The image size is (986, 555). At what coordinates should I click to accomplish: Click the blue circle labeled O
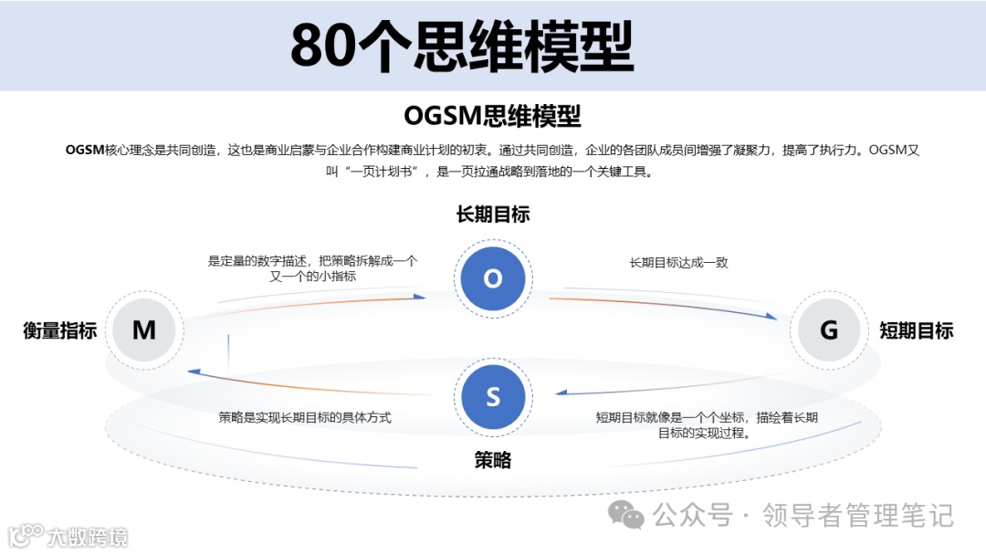493,278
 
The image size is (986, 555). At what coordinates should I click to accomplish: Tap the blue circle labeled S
493,397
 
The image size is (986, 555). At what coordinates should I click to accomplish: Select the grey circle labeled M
144,330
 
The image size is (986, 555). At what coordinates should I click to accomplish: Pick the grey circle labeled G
829,330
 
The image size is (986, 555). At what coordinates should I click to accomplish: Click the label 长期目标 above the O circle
493,215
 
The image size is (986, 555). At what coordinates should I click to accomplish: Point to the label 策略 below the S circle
493,461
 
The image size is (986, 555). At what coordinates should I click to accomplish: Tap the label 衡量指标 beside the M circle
60,330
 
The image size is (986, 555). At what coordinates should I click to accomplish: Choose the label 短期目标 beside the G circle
917,330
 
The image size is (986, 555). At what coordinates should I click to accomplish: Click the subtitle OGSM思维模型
492,117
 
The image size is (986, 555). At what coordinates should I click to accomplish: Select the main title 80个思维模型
462,46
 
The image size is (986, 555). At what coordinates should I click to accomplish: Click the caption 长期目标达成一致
678,263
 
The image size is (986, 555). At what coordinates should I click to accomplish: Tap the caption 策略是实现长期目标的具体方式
305,417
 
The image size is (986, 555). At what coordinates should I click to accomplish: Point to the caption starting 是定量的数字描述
312,268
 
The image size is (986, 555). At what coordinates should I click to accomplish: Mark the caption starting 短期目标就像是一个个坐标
707,424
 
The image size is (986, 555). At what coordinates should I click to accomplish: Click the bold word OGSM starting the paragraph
85,151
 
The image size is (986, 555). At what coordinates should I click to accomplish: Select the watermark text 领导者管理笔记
858,516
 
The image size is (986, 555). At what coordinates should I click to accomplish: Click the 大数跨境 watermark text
88,536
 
